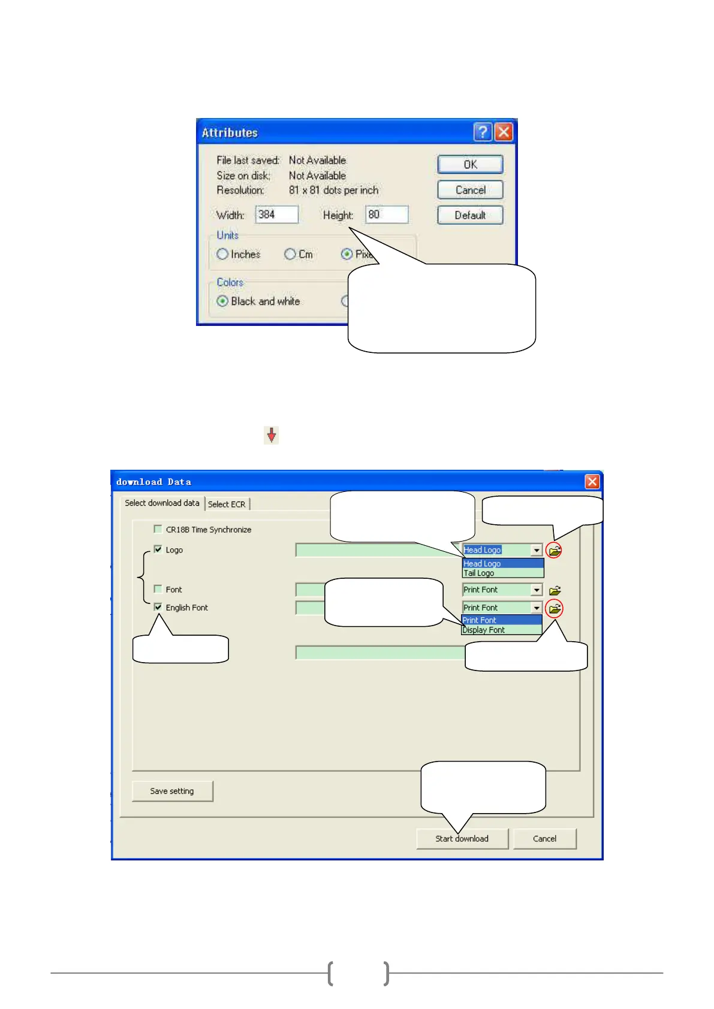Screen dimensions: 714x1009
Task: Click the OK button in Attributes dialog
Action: (470, 164)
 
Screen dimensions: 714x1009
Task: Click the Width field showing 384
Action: (276, 215)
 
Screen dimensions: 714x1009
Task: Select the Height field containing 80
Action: (387, 215)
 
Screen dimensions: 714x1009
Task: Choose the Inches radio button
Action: (222, 254)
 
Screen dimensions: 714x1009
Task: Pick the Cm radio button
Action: (290, 254)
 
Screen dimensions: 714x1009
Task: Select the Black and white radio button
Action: (222, 301)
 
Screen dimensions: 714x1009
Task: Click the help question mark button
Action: (483, 132)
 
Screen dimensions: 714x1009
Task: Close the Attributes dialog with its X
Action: (504, 132)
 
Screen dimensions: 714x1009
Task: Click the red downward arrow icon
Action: (272, 435)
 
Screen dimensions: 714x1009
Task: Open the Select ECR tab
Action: (227, 505)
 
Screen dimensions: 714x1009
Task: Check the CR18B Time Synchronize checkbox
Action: (158, 529)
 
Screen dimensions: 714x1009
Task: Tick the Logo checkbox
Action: (158, 549)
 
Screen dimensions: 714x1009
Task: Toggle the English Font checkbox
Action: (158, 607)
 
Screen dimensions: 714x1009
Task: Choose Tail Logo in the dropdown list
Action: (479, 573)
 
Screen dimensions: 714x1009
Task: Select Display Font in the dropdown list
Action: (484, 630)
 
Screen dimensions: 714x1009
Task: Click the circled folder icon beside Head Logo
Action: (554, 550)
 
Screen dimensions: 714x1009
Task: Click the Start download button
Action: (462, 839)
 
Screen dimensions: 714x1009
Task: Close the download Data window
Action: (592, 482)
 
